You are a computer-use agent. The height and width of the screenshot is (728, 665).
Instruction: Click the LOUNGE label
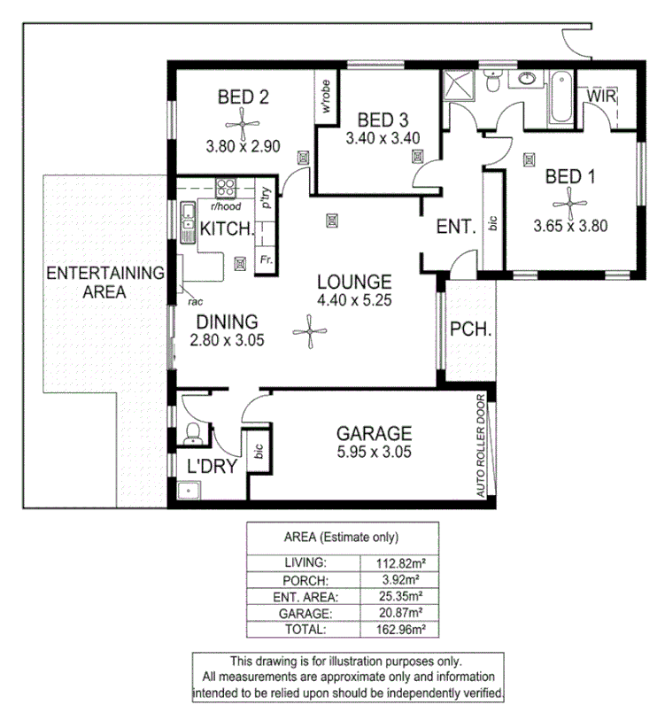coord(354,282)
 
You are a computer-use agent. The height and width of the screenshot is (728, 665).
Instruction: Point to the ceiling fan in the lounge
coord(309,334)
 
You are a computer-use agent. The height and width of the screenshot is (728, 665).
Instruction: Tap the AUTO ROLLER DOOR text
coord(482,445)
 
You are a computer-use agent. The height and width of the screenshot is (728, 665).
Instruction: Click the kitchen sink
coord(188,221)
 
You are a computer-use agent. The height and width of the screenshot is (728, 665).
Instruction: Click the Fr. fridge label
coord(265,259)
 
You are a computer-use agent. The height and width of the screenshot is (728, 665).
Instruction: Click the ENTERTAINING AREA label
coord(105,281)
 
